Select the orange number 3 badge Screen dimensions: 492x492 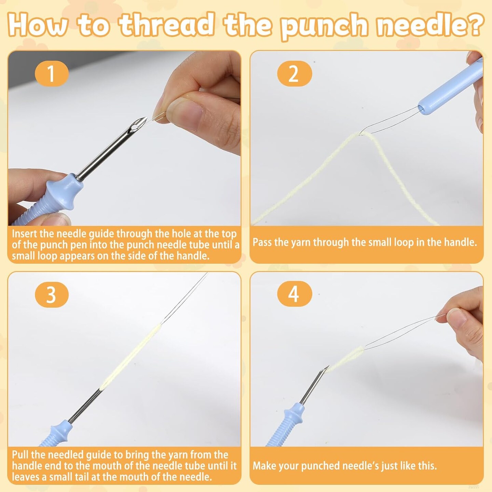point(52,295)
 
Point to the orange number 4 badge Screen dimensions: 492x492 point(295,295)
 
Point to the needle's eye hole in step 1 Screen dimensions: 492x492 point(134,127)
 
